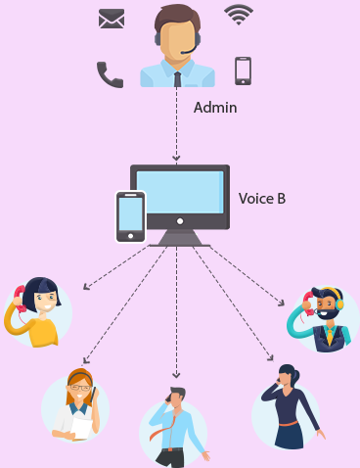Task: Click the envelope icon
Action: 112,19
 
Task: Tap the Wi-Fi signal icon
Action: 238,14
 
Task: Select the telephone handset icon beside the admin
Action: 110,74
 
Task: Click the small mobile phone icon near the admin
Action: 243,70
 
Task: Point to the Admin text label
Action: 215,107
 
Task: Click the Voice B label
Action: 262,199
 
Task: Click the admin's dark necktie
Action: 177,77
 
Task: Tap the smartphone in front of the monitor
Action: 130,214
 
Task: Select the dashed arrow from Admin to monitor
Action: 176,127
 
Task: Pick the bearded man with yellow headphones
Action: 324,317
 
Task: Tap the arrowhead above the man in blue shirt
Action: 176,374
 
